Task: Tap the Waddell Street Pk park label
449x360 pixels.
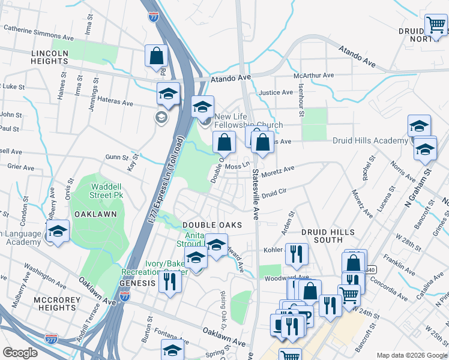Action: (x=103, y=190)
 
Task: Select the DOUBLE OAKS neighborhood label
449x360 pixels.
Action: (x=212, y=225)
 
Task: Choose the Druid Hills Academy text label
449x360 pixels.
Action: (x=370, y=140)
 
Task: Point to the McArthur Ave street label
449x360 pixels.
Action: (x=313, y=76)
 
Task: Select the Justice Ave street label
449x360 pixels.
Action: (x=276, y=93)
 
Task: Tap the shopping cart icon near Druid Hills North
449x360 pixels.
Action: (x=436, y=26)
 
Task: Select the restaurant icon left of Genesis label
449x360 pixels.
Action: (x=170, y=281)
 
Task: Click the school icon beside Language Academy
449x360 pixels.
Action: (x=58, y=231)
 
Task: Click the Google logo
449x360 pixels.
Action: (x=20, y=353)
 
